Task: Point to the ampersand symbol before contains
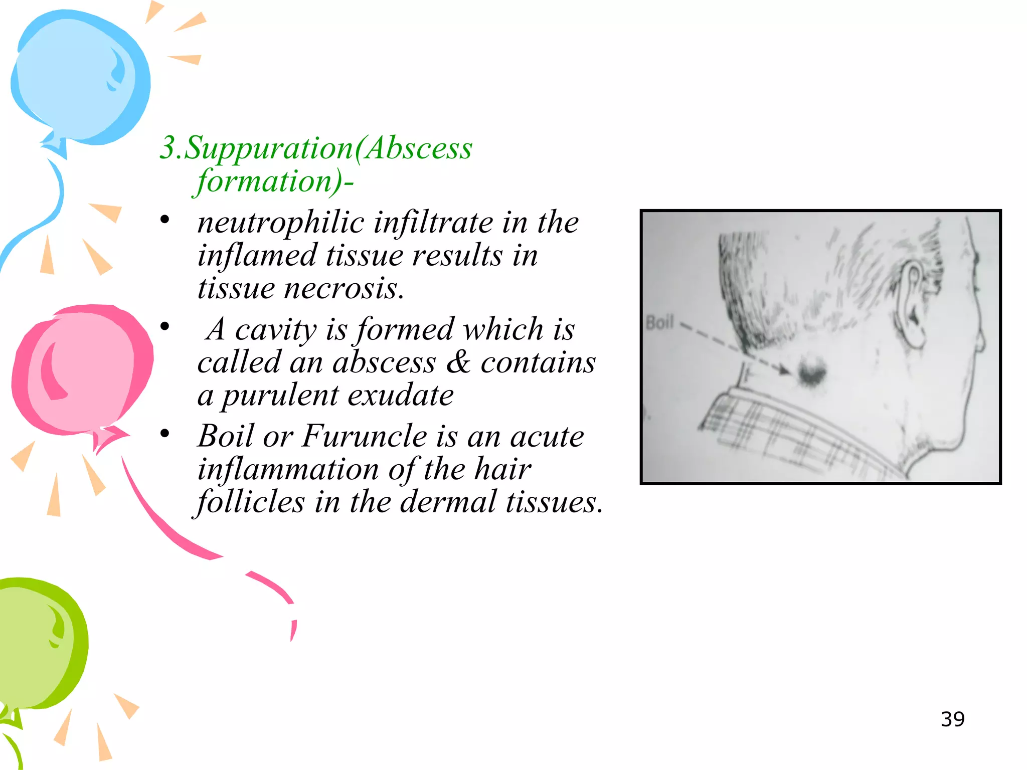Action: [458, 362]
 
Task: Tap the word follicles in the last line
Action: [251, 502]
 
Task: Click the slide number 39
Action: [952, 719]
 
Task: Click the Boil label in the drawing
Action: [659, 323]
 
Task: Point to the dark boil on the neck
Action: [811, 372]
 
